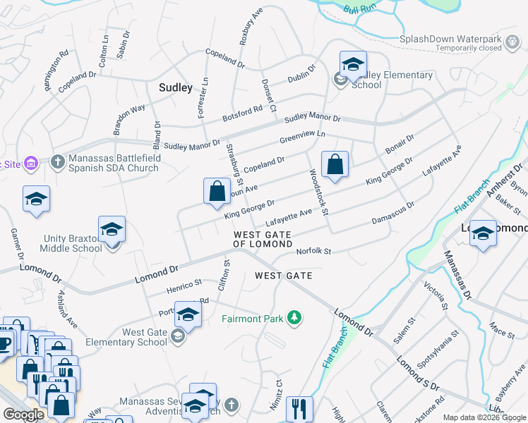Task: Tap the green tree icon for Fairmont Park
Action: tap(294, 319)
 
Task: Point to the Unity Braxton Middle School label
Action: tap(73, 243)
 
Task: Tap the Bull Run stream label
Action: tap(359, 9)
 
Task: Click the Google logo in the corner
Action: tap(23, 415)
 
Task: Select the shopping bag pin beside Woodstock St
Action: tap(335, 164)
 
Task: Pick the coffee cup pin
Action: tap(4, 343)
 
